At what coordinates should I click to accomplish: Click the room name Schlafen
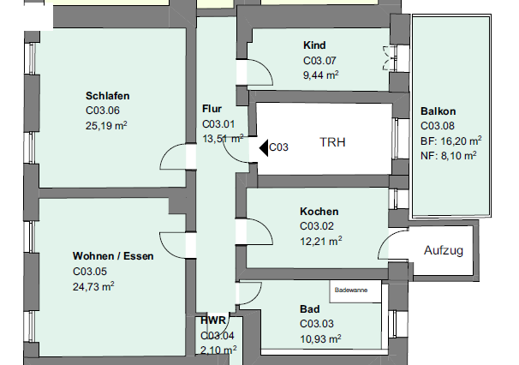pos(108,96)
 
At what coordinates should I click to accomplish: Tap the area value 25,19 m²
pos(106,126)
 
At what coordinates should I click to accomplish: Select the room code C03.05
pos(90,272)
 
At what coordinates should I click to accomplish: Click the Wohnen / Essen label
pos(113,256)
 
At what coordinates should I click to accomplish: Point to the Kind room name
pos(314,45)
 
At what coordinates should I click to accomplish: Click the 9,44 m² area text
pos(320,75)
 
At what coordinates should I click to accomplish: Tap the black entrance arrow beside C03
pos(264,147)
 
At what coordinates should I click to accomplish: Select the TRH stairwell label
pos(332,142)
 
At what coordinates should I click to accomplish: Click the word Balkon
pos(438,111)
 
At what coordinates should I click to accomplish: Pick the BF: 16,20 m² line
pos(450,141)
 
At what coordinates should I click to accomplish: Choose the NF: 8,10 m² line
pos(449,155)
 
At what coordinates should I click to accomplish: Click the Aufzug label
pos(443,250)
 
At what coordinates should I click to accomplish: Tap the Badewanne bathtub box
pos(355,291)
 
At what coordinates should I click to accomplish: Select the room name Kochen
pos(319,212)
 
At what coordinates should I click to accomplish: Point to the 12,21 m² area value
pos(321,241)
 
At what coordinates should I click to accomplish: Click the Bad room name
pos(310,309)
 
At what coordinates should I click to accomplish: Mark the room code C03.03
pos(317,324)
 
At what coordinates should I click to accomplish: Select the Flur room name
pos(212,109)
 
